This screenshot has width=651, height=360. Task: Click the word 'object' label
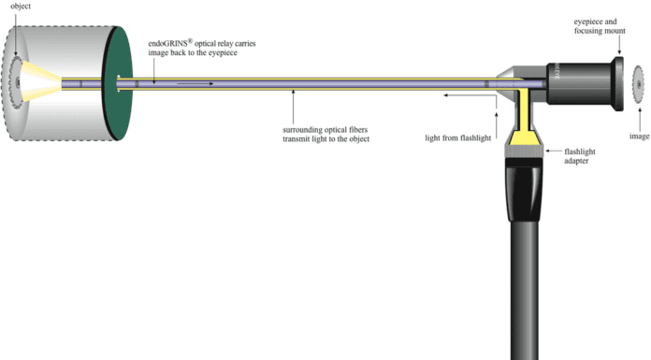(x=21, y=7)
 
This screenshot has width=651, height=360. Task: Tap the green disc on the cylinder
(x=118, y=83)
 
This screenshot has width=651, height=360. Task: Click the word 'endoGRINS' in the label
(x=167, y=43)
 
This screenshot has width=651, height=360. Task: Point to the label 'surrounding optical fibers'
(x=325, y=130)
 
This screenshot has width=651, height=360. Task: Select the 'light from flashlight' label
(x=458, y=137)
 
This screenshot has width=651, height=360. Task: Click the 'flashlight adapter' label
(x=579, y=156)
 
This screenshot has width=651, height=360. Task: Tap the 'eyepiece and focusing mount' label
(x=600, y=26)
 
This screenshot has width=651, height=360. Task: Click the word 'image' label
(x=640, y=137)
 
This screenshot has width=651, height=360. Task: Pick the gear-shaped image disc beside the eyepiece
(x=638, y=84)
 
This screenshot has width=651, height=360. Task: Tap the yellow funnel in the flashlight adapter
(x=524, y=137)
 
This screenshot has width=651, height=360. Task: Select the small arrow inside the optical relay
(x=195, y=84)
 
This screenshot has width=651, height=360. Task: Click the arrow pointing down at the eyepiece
(x=619, y=45)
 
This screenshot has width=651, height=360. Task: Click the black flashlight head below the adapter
(x=524, y=190)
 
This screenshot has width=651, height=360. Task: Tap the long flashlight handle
(x=525, y=291)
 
